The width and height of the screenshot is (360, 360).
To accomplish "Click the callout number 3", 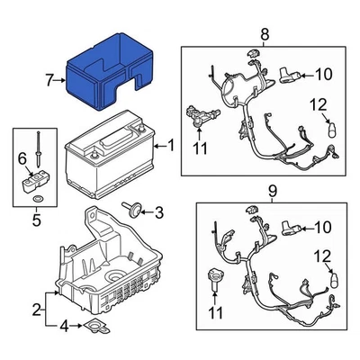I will pyautogui.click(x=160, y=212).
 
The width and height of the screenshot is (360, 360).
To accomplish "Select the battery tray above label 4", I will pyautogui.click(x=108, y=261).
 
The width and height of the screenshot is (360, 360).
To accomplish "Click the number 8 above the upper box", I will pyautogui.click(x=265, y=35).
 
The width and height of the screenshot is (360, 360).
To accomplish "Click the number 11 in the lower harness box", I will pyautogui.click(x=213, y=312).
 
